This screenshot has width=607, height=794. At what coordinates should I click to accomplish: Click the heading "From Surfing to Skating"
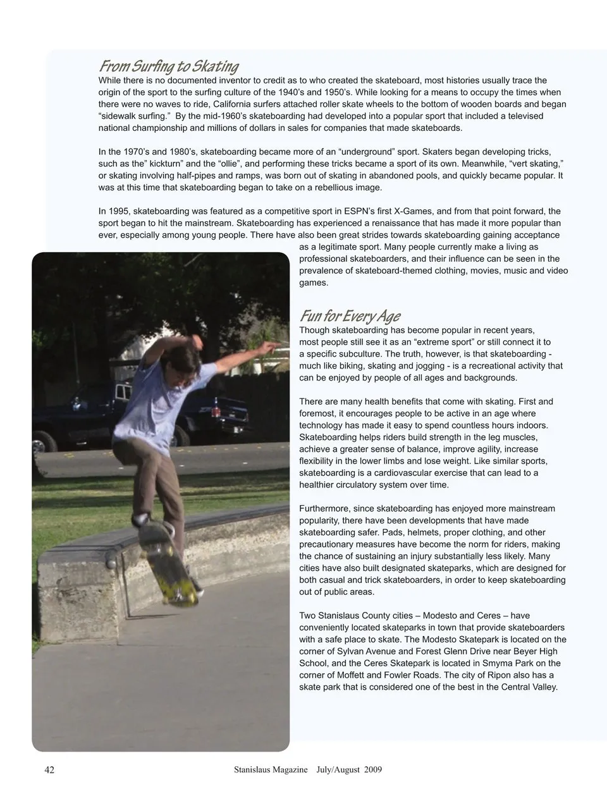(168, 66)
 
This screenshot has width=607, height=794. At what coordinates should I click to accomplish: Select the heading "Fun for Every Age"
(349, 316)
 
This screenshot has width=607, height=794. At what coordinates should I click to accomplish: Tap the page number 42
(49, 769)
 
